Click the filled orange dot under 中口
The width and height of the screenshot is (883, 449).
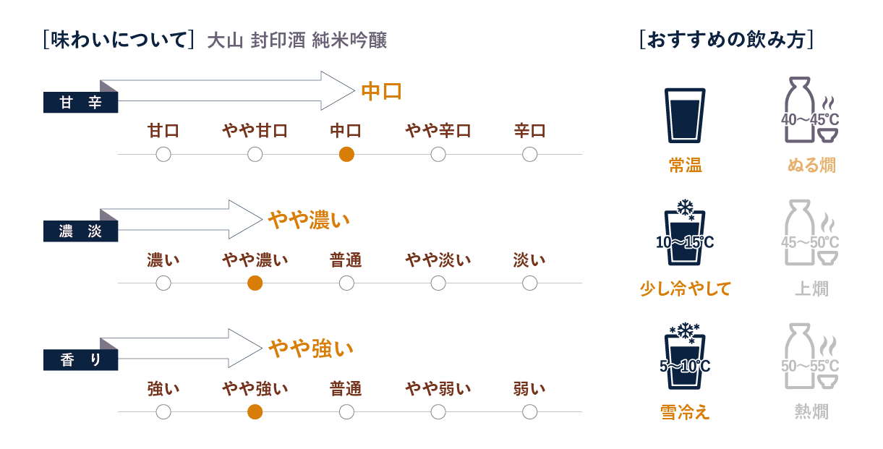tap(346, 154)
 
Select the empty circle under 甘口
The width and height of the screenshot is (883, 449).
tap(163, 154)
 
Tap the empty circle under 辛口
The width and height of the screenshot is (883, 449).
tap(530, 154)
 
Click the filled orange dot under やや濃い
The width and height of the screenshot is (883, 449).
tap(255, 283)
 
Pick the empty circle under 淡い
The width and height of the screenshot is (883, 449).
tap(530, 283)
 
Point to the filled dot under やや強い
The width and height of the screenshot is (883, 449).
tap(255, 411)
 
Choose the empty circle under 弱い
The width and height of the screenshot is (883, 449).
tap(530, 411)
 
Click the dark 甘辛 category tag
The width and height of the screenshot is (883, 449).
tap(80, 103)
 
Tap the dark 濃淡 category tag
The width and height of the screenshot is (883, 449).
tap(80, 232)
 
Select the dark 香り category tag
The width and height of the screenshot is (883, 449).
tap(80, 361)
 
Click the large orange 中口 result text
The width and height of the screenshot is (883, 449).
tap(381, 91)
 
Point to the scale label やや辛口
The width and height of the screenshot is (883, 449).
tap(438, 132)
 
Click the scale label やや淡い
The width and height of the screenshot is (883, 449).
tap(438, 260)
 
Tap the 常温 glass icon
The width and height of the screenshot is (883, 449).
tap(684, 116)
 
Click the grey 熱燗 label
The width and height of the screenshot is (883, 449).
tap(811, 412)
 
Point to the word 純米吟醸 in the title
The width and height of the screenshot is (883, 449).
tap(350, 40)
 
